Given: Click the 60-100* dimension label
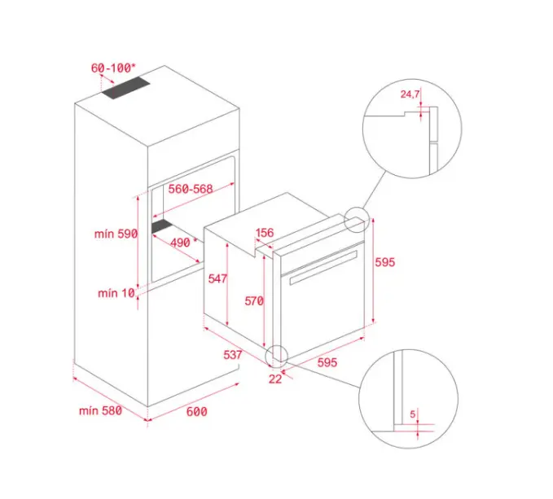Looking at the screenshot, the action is pyautogui.click(x=113, y=68).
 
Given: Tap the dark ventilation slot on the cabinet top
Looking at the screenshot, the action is pyautogui.click(x=126, y=88).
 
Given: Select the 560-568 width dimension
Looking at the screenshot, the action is pyautogui.click(x=191, y=189).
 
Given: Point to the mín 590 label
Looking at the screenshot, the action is pyautogui.click(x=116, y=234).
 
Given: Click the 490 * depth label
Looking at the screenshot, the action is pyautogui.click(x=184, y=243).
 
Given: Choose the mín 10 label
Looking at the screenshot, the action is pyautogui.click(x=116, y=293).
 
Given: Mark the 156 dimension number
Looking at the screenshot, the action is pyautogui.click(x=265, y=233).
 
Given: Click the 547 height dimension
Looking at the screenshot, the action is pyautogui.click(x=217, y=278).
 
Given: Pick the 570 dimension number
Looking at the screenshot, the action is pyautogui.click(x=254, y=301).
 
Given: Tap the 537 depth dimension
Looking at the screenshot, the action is pyautogui.click(x=233, y=355).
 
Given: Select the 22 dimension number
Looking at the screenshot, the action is pyautogui.click(x=275, y=379).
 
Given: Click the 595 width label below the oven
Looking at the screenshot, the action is pyautogui.click(x=327, y=362).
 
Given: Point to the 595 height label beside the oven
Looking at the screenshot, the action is pyautogui.click(x=384, y=262).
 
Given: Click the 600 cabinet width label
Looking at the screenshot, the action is pyautogui.click(x=197, y=411).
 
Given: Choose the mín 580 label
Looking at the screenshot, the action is pyautogui.click(x=100, y=410).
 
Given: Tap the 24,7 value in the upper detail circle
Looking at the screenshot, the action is pyautogui.click(x=410, y=94).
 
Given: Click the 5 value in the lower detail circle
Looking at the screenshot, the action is pyautogui.click(x=413, y=414).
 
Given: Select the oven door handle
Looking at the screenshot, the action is pyautogui.click(x=323, y=268).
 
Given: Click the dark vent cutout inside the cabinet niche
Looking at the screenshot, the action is pyautogui.click(x=162, y=226).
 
